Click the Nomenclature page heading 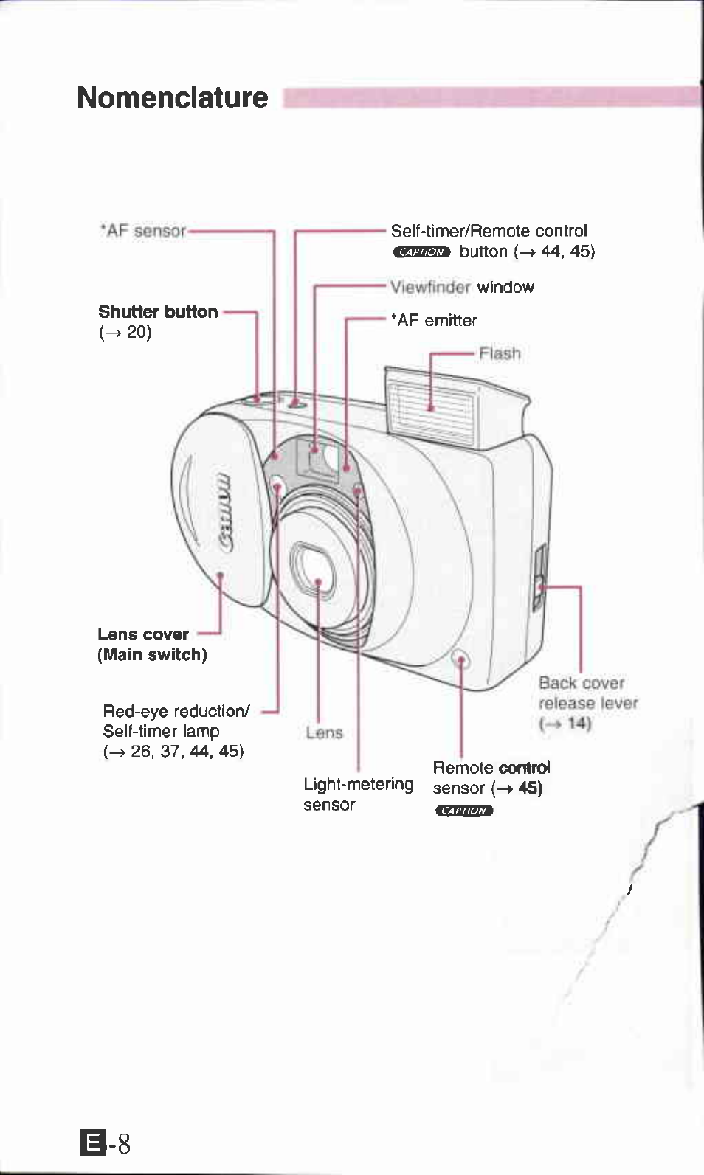[x=172, y=97]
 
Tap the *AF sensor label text [x=143, y=231]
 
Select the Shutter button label [x=158, y=312]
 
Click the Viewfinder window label [x=462, y=287]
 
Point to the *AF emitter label [x=434, y=320]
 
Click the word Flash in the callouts [x=500, y=353]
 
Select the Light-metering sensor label [x=358, y=794]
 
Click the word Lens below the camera [x=324, y=732]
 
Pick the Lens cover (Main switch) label [x=151, y=644]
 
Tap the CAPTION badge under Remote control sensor [x=463, y=811]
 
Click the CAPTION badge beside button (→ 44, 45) [x=421, y=252]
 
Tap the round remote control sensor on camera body [x=460, y=659]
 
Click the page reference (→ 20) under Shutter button [x=125, y=332]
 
